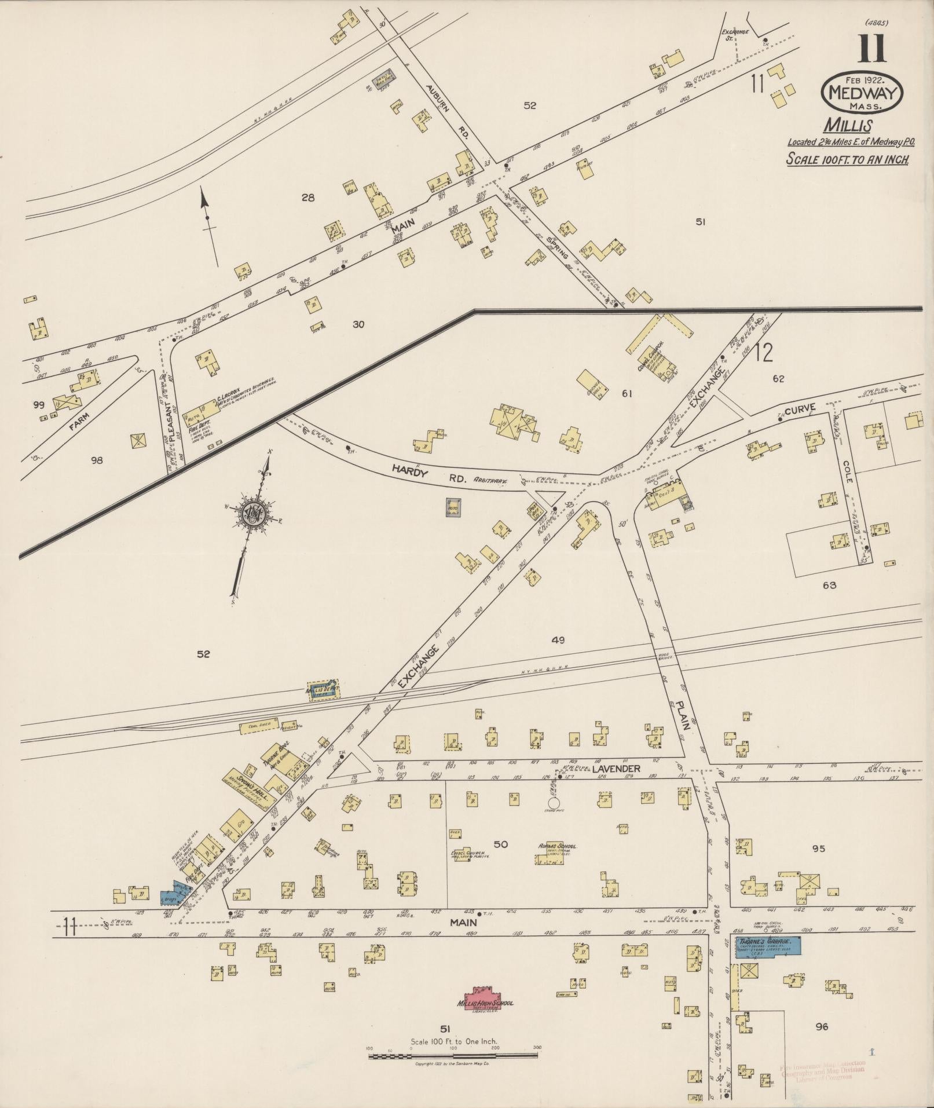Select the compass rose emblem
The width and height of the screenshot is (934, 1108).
click(254, 511)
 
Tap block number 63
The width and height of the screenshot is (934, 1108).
click(829, 585)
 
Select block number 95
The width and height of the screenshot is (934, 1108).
click(818, 849)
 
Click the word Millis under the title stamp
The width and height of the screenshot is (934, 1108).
click(849, 125)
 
